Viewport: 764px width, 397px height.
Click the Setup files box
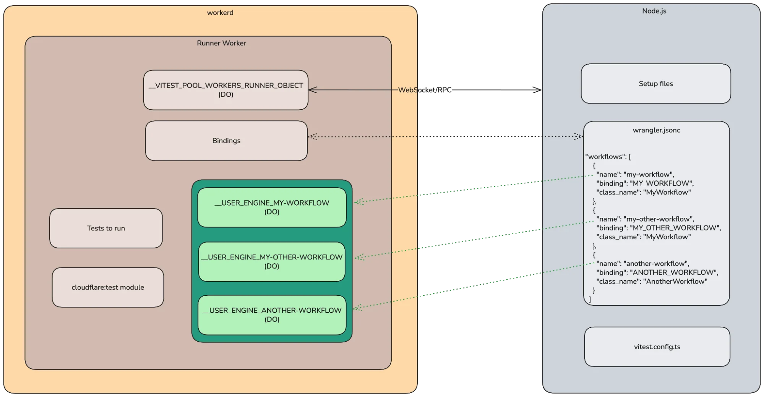coord(656,84)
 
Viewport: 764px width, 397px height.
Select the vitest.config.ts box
coord(657,347)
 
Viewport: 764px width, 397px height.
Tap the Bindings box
coord(226,141)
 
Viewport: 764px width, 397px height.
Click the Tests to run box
coord(106,228)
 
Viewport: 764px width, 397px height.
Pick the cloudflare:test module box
coord(108,287)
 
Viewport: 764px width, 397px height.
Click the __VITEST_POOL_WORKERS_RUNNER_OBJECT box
coord(226,90)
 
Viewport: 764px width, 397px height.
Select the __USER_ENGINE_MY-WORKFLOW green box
coord(272,207)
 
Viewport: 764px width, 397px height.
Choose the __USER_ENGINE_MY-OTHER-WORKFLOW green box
coord(272,261)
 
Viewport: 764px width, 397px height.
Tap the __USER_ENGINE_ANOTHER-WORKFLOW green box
coord(272,315)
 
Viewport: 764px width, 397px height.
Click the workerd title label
coord(220,13)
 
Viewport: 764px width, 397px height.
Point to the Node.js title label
coord(654,11)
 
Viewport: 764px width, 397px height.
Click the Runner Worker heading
coord(221,43)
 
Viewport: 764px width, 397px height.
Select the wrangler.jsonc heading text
coord(656,130)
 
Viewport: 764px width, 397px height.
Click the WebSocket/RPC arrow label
coord(425,90)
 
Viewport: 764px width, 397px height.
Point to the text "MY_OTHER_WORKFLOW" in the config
coord(675,228)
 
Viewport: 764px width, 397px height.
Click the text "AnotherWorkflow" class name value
coord(675,282)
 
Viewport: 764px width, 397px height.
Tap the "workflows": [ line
coord(608,157)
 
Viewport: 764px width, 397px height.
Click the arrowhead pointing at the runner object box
coord(312,90)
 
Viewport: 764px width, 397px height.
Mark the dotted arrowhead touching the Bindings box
coord(312,137)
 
